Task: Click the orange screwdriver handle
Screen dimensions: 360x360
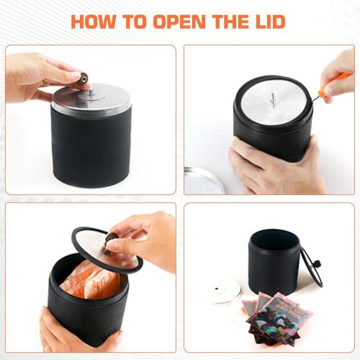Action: click(336, 81)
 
